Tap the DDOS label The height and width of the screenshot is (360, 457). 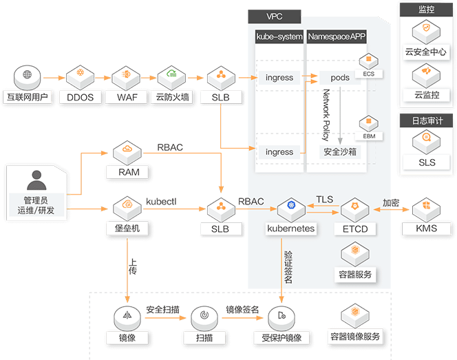tap(81, 97)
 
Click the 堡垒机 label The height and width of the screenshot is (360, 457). tap(127, 228)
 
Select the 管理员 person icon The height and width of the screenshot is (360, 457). tap(36, 182)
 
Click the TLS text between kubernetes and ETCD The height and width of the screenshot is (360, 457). tap(324, 200)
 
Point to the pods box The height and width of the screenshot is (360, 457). tap(335, 78)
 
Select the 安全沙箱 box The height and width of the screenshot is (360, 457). tap(338, 151)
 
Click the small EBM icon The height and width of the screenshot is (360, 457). tap(368, 121)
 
